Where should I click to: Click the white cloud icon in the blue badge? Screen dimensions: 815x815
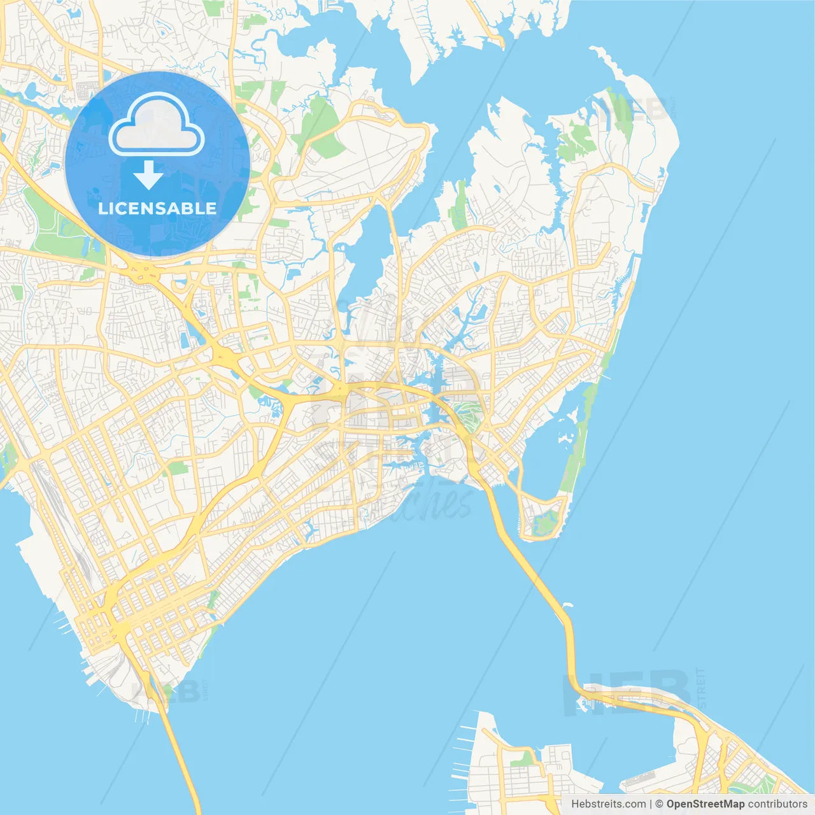156,125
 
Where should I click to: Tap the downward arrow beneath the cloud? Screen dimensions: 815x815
148,175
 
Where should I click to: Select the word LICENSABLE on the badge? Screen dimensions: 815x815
157,208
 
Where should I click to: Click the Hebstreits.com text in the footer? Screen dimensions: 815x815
608,804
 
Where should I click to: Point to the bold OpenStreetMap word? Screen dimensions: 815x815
705,804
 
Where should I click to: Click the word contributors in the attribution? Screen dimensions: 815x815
777,804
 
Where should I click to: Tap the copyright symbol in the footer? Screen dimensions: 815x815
660,804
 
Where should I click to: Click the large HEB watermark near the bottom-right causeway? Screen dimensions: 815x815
627,691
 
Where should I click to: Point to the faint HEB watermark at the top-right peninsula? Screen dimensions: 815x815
633,110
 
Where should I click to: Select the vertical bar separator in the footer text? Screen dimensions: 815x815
651,804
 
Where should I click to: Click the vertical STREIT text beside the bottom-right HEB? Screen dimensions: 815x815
702,688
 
